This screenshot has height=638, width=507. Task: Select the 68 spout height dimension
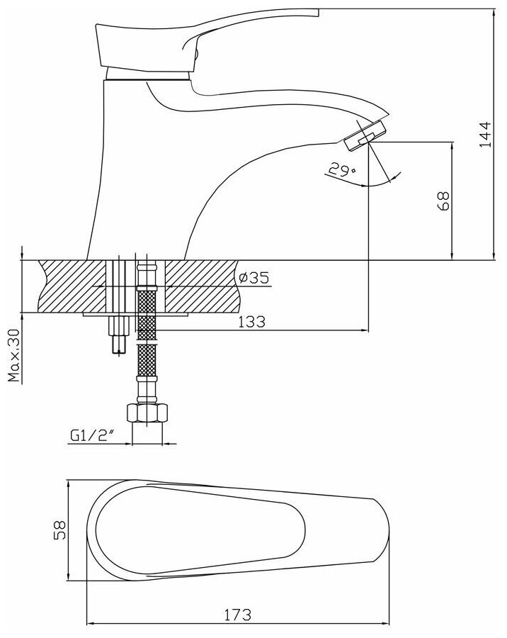[x=443, y=201]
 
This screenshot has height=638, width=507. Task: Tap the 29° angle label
[x=339, y=170]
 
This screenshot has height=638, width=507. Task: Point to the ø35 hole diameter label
[x=253, y=278]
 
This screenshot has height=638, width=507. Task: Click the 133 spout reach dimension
[x=251, y=321]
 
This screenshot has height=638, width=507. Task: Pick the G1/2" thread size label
[x=91, y=437]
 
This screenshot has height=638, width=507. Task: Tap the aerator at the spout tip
[x=362, y=135]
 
